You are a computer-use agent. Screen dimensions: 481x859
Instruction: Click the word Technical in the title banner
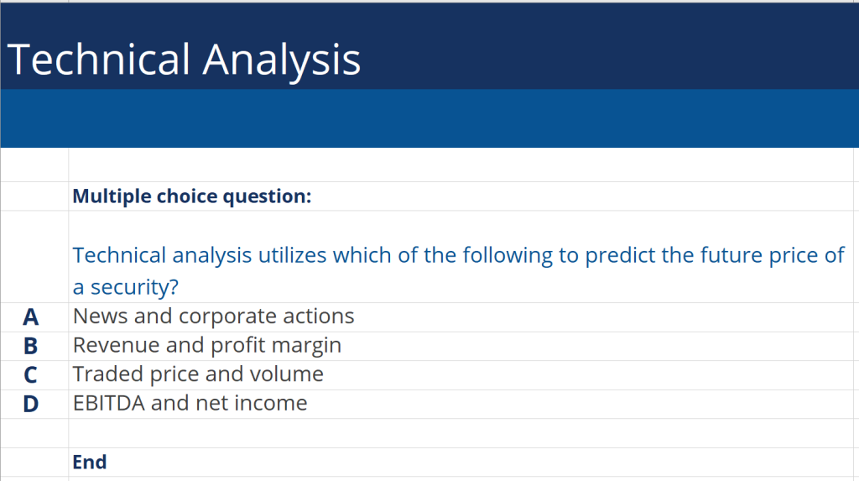coord(99,60)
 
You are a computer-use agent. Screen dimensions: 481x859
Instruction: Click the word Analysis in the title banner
coord(282,60)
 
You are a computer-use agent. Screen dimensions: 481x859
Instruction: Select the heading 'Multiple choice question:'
coord(192,196)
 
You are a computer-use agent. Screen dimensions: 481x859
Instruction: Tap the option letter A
coord(31,316)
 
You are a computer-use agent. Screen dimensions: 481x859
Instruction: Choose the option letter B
coord(31,346)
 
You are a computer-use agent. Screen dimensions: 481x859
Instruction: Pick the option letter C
coord(31,374)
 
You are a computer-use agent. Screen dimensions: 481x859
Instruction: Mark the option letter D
coord(31,404)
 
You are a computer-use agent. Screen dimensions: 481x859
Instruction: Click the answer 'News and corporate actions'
coord(213,316)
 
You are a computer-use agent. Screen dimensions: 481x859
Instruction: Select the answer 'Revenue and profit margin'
coord(207,345)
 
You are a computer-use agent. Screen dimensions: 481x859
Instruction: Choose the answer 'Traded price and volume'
coord(198,374)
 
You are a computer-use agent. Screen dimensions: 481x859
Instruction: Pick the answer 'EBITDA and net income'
coord(190,403)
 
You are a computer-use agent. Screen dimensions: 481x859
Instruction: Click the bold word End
coord(90,462)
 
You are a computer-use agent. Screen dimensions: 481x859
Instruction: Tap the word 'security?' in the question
coord(135,287)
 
